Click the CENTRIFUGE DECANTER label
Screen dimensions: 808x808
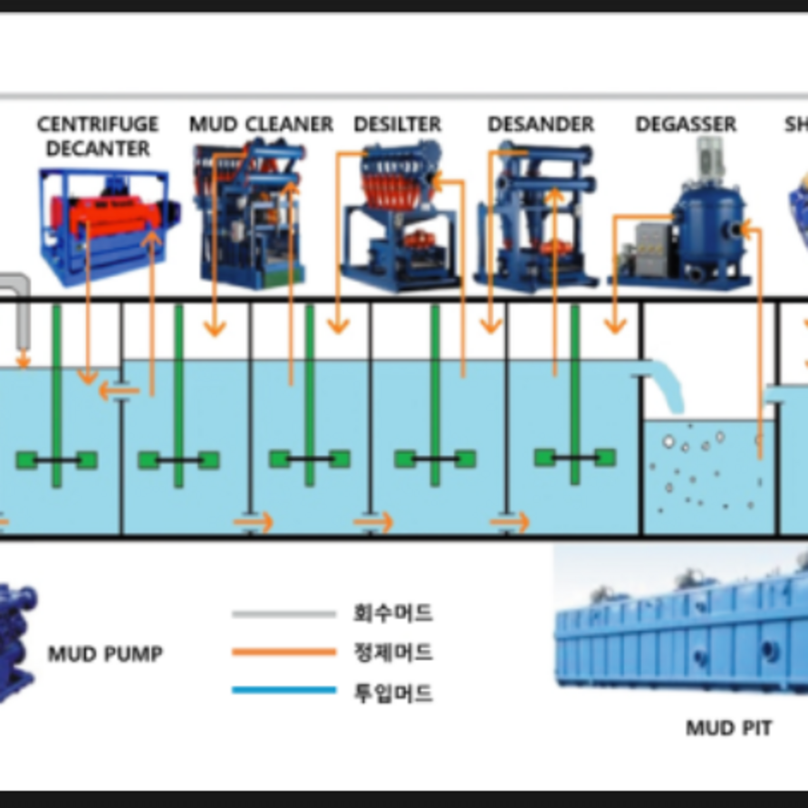tap(98, 136)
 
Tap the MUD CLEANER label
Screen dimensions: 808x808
tap(261, 124)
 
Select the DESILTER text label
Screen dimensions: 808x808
tap(398, 124)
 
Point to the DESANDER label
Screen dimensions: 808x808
tap(541, 124)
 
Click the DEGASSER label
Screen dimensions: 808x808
tap(686, 124)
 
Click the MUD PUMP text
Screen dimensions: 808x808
tap(105, 653)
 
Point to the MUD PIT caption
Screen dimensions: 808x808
tap(728, 727)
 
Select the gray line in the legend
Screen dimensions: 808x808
tap(284, 614)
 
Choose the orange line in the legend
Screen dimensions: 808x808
tap(284, 652)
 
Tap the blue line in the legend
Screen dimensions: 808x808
tap(284, 691)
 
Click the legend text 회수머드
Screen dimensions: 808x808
tap(392, 613)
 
